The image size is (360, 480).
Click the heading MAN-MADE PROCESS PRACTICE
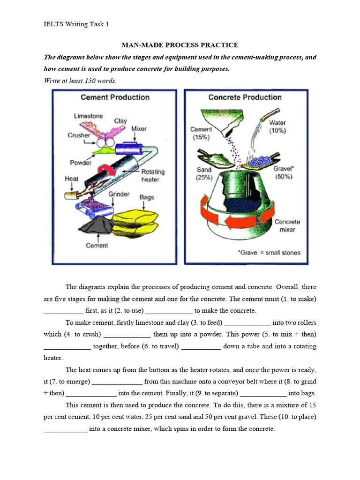click(180, 45)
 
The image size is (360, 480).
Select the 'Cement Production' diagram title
click(115, 97)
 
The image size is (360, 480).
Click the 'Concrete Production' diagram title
click(245, 97)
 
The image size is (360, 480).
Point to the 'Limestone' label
click(88, 116)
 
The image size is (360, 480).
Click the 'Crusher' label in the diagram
click(79, 135)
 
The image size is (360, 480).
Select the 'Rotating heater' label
click(153, 175)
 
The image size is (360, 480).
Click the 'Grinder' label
click(119, 194)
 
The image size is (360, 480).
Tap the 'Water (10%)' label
click(277, 127)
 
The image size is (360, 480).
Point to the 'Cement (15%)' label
click(201, 133)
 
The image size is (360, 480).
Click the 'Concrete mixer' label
click(287, 226)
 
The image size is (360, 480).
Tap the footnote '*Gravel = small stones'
click(269, 253)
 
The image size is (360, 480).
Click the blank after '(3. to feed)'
click(247, 322)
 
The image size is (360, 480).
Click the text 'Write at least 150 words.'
click(80, 80)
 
